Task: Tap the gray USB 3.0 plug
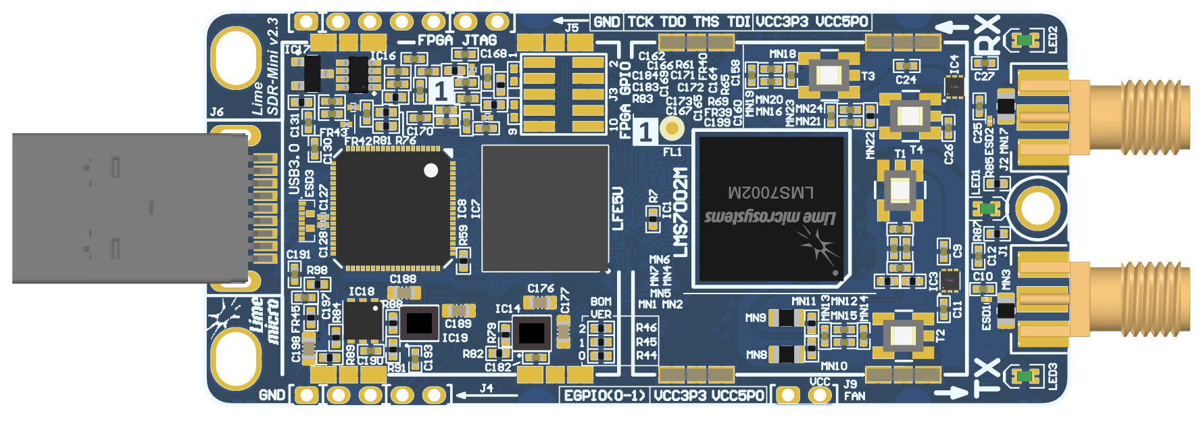click(x=128, y=208)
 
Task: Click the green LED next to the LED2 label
click(x=1025, y=40)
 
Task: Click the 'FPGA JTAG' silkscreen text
click(x=457, y=41)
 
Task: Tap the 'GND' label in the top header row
click(x=607, y=22)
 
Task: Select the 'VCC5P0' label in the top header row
click(x=841, y=22)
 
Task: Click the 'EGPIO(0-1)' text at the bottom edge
click(x=606, y=395)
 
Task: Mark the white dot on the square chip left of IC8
click(x=431, y=170)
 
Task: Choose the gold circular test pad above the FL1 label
click(x=672, y=128)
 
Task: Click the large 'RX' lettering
click(x=987, y=37)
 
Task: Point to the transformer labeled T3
click(x=829, y=74)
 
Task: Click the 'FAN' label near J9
click(x=854, y=396)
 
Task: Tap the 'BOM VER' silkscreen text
click(x=600, y=308)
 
